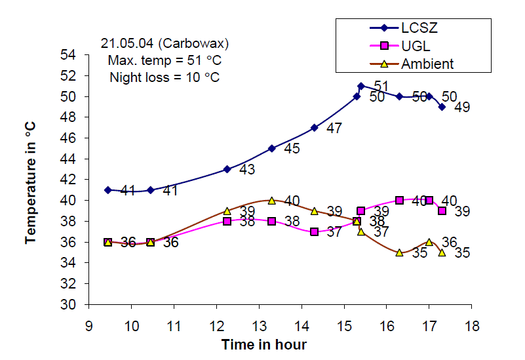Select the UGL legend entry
pos(397,47)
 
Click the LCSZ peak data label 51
pos(381,87)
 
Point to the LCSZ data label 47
pos(334,129)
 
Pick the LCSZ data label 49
pos(462,108)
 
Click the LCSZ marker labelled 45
pos(271,148)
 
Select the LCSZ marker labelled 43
pos(227,169)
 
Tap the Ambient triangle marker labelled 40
pos(271,200)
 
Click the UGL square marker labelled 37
pos(315,231)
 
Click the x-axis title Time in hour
pos(264,344)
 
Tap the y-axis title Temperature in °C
pos(30,180)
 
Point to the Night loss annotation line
pos(165,77)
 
